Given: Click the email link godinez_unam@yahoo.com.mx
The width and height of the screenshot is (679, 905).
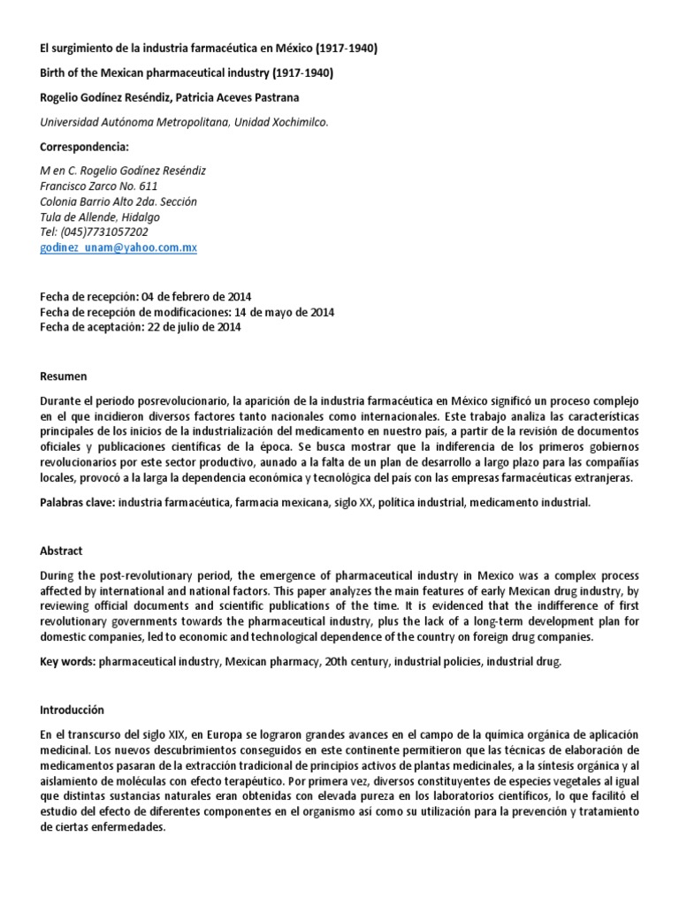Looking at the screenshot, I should pos(118,248).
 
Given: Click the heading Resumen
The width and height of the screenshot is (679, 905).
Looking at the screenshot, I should pos(64,376).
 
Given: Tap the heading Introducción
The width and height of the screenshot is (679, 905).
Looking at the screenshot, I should pos(72,710).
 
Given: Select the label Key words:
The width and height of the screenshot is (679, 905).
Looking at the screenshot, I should pos(68,661).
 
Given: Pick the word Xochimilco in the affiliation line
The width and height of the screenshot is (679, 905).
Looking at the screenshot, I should pos(295,123).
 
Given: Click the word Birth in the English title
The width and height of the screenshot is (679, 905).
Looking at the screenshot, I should pos(54,73).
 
